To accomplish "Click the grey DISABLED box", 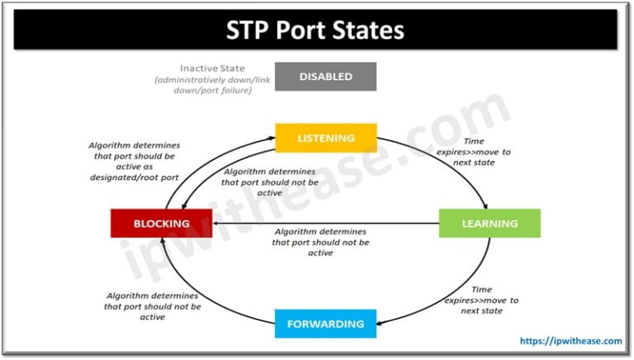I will coord(326,77).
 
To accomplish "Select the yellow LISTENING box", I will coord(326,138).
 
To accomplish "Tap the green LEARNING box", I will coord(490,223).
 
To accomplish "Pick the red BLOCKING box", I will coord(161,223).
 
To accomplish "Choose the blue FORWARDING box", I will coord(326,324).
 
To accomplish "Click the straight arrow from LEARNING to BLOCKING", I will coord(330,223).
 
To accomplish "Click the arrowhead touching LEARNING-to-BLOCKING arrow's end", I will coord(216,223).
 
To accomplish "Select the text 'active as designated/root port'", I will coord(132,170).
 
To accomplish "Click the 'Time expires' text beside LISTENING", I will coord(487,153).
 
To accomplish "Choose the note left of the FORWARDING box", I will coord(153,306).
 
